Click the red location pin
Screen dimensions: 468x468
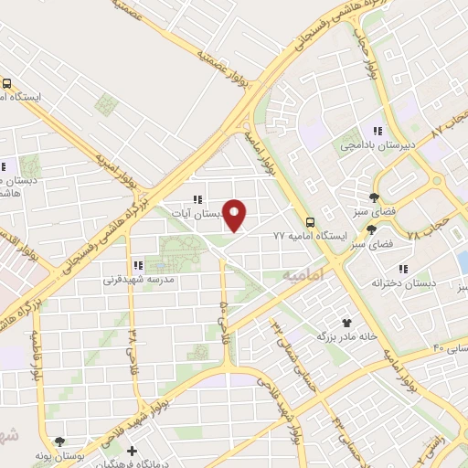click(236, 214)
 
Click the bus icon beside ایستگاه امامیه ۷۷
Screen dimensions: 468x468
click(310, 221)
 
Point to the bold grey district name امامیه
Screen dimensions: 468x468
click(304, 274)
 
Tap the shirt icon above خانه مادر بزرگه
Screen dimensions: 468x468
click(346, 322)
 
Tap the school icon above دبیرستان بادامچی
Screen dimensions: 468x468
click(377, 131)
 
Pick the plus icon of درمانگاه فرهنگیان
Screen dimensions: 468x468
click(133, 452)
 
